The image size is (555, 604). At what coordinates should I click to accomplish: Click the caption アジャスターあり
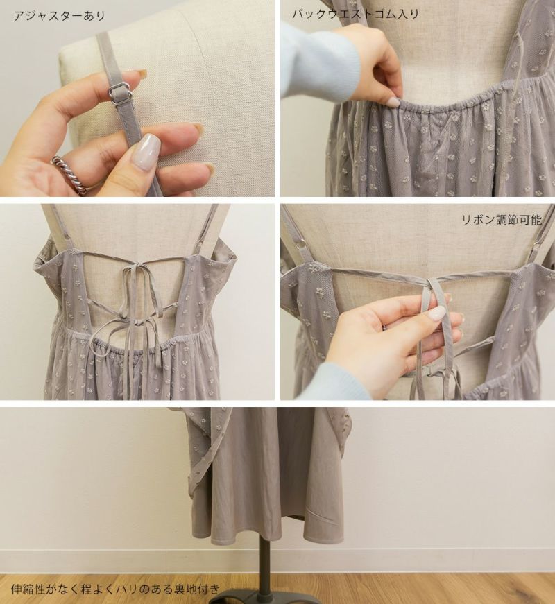coord(59,16)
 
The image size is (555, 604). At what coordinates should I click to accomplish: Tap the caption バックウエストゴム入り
coord(355,15)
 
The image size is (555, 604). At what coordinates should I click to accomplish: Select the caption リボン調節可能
coord(502,220)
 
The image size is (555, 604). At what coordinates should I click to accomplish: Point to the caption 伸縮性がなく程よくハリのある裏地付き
coord(116,589)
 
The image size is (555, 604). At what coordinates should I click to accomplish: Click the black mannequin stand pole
coord(264,567)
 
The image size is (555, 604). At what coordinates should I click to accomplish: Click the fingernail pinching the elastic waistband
coord(394,102)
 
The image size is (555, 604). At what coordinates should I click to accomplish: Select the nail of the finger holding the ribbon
coord(436,313)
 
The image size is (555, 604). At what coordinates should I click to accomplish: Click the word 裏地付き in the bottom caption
coord(196,589)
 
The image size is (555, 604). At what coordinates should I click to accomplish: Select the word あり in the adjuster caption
coord(94,16)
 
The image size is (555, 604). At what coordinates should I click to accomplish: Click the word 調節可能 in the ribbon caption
coord(519,220)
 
